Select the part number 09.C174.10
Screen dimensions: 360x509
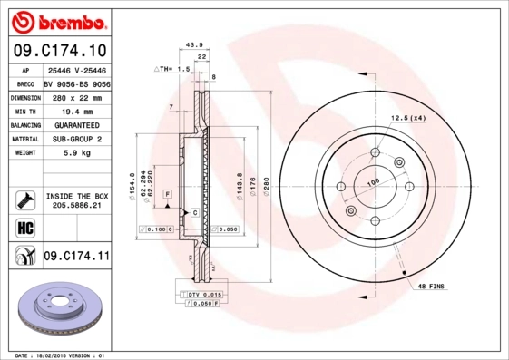(x=62, y=51)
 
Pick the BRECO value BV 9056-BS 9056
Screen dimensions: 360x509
(x=76, y=83)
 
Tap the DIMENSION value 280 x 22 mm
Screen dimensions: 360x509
(x=74, y=96)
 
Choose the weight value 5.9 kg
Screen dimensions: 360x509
(x=74, y=153)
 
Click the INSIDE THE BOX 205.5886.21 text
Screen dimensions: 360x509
(x=76, y=200)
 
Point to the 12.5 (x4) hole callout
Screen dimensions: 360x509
(x=408, y=118)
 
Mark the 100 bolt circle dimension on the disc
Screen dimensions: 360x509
(x=372, y=182)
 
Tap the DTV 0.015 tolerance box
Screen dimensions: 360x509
(x=205, y=296)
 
